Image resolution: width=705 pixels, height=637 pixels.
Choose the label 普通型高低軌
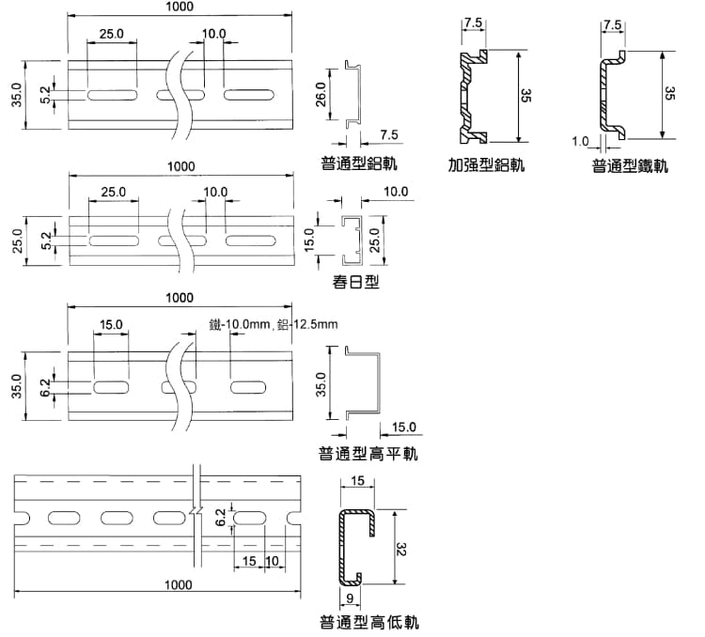pos(368,622)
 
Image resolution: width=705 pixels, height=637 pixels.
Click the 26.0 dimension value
pos(321,95)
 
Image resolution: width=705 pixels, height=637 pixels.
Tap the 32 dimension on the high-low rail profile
pos(401,547)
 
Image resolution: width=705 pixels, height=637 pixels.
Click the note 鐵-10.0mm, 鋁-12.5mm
pos(274,325)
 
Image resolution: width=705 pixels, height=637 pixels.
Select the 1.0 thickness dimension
pos(579,142)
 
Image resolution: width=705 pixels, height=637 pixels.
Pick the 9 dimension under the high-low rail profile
pos(350,598)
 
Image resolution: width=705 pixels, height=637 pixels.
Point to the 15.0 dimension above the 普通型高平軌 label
pos(403,427)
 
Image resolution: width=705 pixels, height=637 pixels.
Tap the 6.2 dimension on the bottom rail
pos(220,517)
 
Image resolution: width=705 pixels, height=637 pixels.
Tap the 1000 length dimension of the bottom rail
pos(178,584)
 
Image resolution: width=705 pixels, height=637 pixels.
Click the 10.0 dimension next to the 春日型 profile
pos(396,192)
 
